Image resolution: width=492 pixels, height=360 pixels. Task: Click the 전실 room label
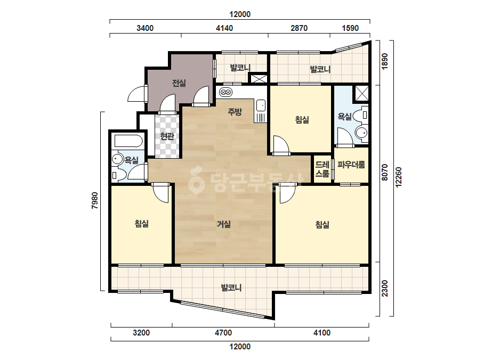coord(179,83)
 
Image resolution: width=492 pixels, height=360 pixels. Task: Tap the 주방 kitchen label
coord(235,112)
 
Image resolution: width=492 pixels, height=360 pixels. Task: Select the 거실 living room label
coord(224,224)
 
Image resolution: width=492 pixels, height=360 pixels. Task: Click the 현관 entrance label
coord(167,136)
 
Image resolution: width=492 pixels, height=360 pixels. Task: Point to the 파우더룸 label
coord(351,165)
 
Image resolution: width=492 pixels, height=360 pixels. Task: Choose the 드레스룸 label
coord(322,169)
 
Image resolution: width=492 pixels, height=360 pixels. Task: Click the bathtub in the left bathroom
coord(128,141)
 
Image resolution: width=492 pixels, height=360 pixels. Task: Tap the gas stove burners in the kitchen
coord(226,92)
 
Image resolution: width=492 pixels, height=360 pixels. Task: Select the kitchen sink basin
coord(261,105)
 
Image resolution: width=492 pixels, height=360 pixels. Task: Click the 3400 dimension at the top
coord(145,28)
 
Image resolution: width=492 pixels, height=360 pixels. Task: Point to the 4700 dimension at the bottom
coord(223,333)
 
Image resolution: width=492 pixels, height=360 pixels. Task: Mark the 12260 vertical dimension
coord(399,177)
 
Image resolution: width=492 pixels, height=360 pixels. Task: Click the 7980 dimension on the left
coord(95,201)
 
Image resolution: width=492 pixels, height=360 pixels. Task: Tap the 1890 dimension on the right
coord(385,61)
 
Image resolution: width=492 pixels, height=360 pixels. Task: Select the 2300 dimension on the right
coord(385,289)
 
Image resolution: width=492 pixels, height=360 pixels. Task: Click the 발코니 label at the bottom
coord(231,288)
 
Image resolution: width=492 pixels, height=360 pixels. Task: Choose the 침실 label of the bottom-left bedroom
coord(141,224)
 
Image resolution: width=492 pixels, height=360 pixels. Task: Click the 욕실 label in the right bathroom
coord(344,117)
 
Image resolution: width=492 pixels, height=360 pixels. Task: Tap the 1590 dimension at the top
coord(350,28)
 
